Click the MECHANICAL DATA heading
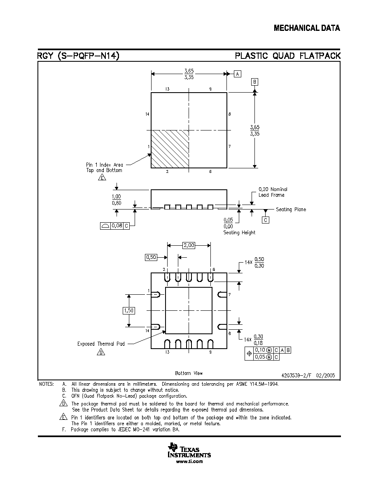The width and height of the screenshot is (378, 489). [307, 28]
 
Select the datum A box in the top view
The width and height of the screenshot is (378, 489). [238, 74]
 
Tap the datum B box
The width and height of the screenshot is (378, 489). [254, 82]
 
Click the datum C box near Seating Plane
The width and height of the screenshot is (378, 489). [266, 220]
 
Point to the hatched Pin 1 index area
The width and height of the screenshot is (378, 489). [170, 149]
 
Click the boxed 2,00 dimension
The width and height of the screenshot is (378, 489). [189, 245]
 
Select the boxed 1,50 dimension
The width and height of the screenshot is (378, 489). [129, 311]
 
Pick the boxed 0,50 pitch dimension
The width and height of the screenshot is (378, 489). [151, 257]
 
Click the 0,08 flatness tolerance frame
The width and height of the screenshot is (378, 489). [115, 226]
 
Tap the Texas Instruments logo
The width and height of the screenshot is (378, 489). [189, 450]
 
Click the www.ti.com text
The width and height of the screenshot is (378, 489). [189, 461]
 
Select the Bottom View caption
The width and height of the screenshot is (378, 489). [189, 373]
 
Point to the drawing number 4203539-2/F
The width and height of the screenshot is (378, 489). [296, 375]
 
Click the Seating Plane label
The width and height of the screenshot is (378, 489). [291, 210]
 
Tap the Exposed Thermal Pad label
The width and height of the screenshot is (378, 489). [101, 344]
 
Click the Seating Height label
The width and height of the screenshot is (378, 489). [239, 233]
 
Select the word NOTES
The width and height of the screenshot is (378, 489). [47, 384]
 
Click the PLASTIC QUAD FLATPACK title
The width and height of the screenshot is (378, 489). [287, 56]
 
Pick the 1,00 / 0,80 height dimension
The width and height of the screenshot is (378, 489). [117, 200]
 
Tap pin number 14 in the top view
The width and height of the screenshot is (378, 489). [147, 114]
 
